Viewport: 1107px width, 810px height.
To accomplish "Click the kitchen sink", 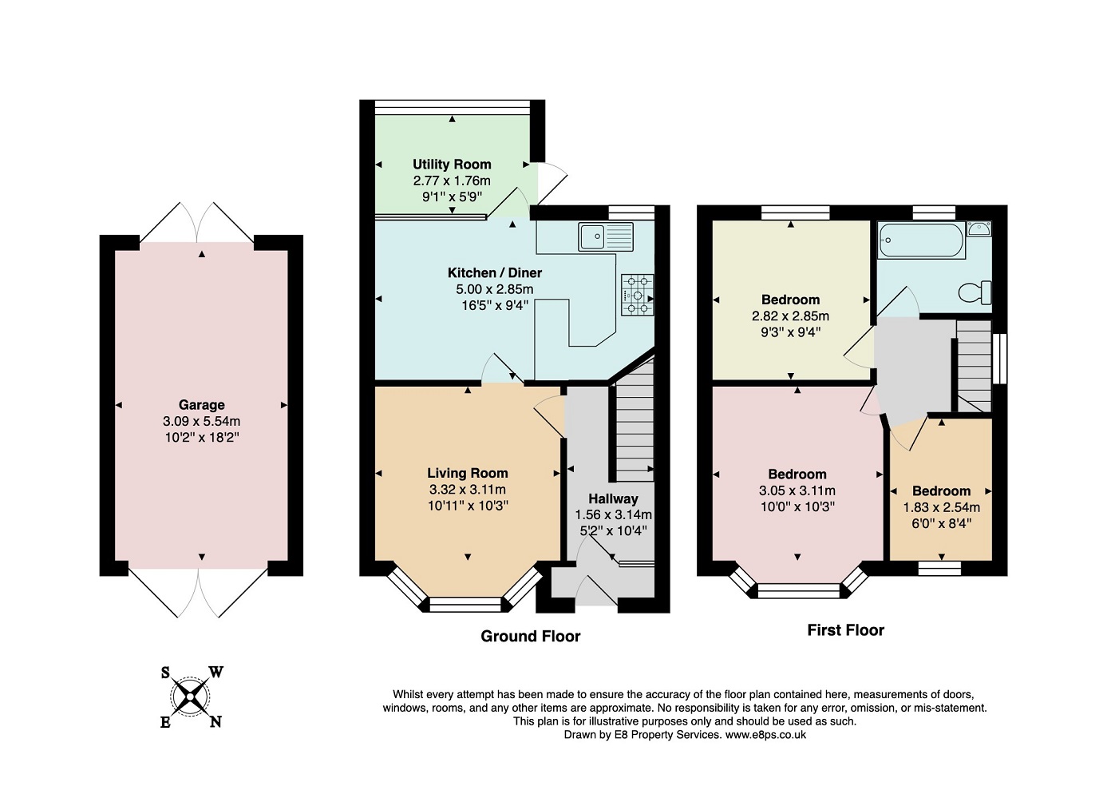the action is [x=606, y=237].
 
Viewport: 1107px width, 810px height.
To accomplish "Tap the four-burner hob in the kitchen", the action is [x=638, y=296].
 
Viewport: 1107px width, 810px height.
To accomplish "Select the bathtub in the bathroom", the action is [x=921, y=240].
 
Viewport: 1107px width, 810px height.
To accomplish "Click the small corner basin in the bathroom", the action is [x=979, y=228].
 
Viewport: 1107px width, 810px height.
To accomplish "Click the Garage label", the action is [x=202, y=405].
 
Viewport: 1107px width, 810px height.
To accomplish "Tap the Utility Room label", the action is [x=452, y=165].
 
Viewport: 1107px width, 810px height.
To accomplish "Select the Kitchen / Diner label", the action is [x=495, y=272].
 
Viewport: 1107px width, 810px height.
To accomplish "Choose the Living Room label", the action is [x=468, y=473].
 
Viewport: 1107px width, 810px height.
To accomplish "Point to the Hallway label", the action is [x=613, y=498].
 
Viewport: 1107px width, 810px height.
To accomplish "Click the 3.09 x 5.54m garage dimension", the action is [x=202, y=421].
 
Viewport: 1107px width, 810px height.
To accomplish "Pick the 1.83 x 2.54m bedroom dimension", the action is [x=942, y=507].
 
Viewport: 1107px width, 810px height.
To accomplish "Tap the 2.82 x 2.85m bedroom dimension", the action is [x=791, y=316].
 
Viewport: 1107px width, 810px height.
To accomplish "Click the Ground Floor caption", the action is [x=530, y=636].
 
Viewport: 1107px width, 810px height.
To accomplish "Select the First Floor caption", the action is [x=845, y=630].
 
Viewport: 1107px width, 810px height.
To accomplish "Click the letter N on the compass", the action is [x=215, y=721].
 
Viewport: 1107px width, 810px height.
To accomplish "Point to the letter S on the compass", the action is [x=165, y=673].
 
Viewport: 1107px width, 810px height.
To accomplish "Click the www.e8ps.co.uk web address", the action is [x=765, y=734].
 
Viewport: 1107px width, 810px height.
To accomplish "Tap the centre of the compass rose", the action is [x=190, y=697].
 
